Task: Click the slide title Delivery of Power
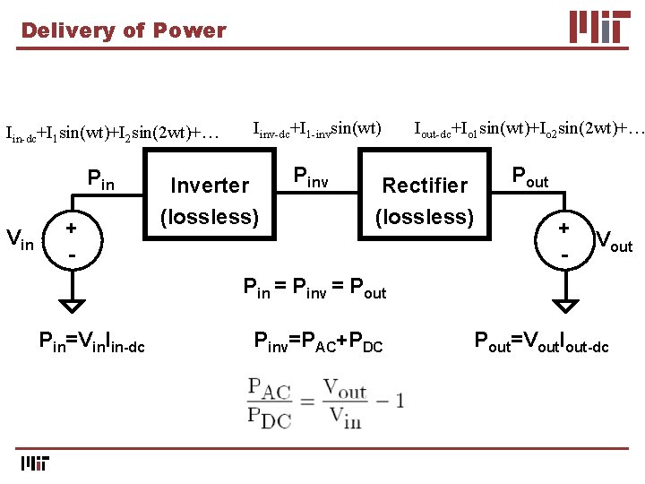[124, 30]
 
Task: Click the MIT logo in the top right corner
[599, 26]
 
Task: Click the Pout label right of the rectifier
[529, 177]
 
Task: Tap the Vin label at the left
[21, 238]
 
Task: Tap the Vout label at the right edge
[614, 241]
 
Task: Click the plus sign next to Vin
[70, 228]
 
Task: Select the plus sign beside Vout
[564, 228]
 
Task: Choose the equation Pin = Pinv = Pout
[315, 289]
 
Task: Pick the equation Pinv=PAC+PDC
[319, 341]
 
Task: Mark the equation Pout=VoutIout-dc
[541, 341]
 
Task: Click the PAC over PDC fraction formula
[325, 400]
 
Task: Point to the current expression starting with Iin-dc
[113, 134]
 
